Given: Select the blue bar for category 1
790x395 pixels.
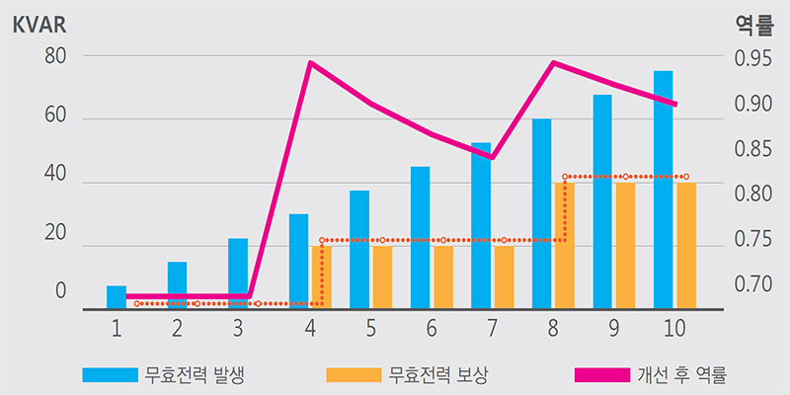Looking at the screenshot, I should point(117,297).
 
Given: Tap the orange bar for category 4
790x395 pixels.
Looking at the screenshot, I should point(320,277).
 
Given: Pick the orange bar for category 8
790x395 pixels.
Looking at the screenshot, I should point(564,246).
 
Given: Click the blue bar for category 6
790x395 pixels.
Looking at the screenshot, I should point(420,237).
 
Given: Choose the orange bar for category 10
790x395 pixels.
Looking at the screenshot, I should point(685,246).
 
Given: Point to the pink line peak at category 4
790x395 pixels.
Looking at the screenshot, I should point(310,63).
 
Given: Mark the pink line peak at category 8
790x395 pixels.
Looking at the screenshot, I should point(554,63).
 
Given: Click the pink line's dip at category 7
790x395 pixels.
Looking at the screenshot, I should point(492,157).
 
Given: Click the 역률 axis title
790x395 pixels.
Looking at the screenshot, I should point(754,25).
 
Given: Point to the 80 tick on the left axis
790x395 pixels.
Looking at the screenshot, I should point(55,56).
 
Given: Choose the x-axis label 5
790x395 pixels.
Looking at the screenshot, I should point(370,327).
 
